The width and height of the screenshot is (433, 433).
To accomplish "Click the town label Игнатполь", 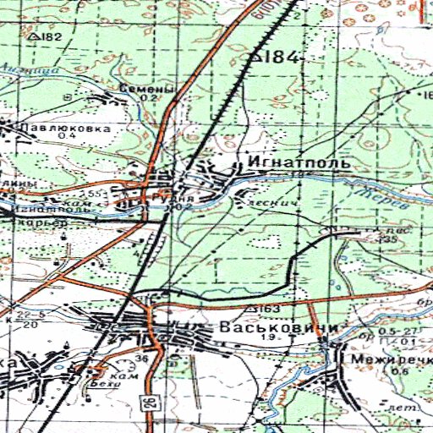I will (x=283, y=159).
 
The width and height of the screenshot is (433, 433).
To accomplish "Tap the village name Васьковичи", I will (x=266, y=327).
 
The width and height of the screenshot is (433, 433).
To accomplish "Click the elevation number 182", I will (x=51, y=37).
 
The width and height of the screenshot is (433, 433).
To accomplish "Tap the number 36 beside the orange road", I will (x=142, y=359).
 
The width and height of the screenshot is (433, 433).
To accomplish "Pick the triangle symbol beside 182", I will (x=32, y=37).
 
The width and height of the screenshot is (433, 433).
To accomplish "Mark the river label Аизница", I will (x=21, y=71).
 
